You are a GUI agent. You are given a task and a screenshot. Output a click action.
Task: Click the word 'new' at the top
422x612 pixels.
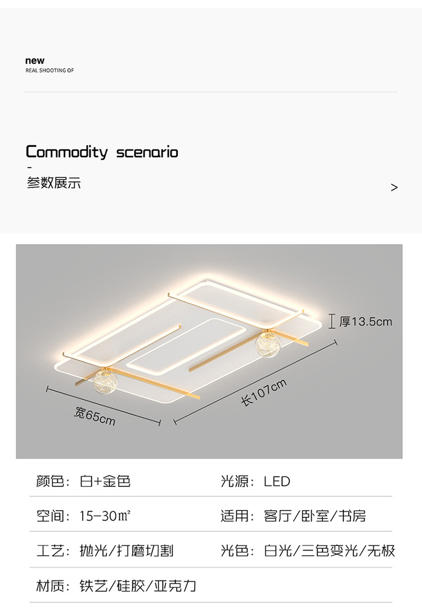[x=35, y=61]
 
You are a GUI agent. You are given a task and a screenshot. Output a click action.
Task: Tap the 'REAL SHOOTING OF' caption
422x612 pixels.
[x=50, y=71]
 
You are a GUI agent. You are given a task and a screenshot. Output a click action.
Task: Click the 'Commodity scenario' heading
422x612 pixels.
[x=102, y=152]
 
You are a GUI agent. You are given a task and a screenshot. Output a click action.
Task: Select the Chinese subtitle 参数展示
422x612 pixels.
[x=54, y=183]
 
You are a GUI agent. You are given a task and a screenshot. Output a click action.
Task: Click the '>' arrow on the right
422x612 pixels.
[x=394, y=187]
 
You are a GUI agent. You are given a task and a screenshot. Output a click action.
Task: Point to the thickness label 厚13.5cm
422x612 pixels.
[x=366, y=322]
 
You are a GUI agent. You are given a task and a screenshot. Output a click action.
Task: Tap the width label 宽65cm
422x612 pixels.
[x=95, y=416]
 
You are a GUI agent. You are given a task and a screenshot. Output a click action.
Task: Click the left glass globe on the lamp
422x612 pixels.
[x=105, y=382]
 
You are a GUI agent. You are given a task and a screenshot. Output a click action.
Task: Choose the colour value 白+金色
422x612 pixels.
[x=105, y=481]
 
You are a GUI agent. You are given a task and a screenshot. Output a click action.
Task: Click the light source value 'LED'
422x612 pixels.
[x=277, y=481]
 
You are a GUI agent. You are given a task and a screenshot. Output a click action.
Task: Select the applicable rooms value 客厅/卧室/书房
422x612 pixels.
[x=315, y=516]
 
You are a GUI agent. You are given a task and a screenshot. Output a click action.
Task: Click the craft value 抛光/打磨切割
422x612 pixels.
[x=127, y=551]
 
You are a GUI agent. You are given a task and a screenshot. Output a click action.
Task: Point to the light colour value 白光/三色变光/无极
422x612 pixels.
[x=330, y=551]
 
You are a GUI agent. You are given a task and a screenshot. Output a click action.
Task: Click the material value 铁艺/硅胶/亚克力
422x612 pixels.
[x=138, y=586]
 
